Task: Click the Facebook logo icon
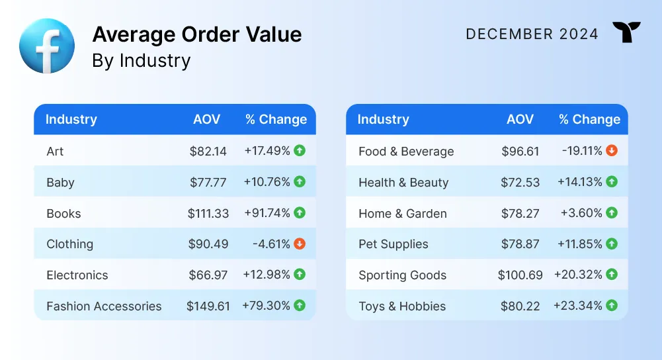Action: point(47,46)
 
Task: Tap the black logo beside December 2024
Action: point(626,32)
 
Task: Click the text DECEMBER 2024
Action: point(532,34)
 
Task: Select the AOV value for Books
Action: point(208,213)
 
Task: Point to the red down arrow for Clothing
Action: point(300,244)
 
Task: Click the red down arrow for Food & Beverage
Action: point(612,150)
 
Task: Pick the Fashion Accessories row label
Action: point(104,306)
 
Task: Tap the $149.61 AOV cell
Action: point(208,306)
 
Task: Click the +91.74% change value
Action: point(267,212)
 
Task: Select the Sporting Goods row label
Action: point(402,275)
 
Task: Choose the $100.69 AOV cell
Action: point(520,275)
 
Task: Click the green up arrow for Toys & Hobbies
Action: point(612,305)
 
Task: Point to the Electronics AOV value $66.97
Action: point(208,275)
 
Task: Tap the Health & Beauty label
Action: point(403,183)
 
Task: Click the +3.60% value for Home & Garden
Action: point(581,212)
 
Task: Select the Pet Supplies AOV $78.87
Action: point(520,244)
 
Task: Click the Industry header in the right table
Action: point(384,119)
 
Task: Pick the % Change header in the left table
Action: point(276,119)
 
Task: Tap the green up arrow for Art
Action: point(300,150)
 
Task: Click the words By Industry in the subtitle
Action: point(141,60)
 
